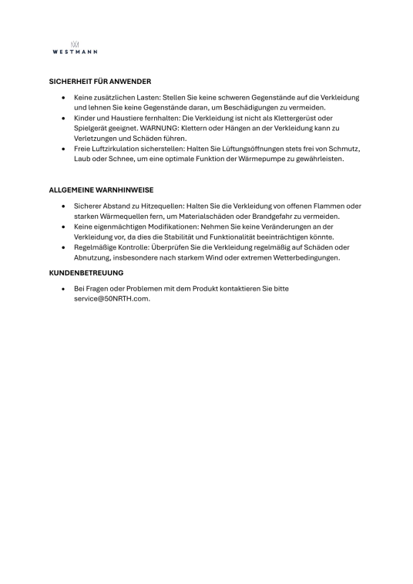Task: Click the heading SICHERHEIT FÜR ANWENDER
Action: [99, 81]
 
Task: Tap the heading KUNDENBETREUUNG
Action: [86, 272]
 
